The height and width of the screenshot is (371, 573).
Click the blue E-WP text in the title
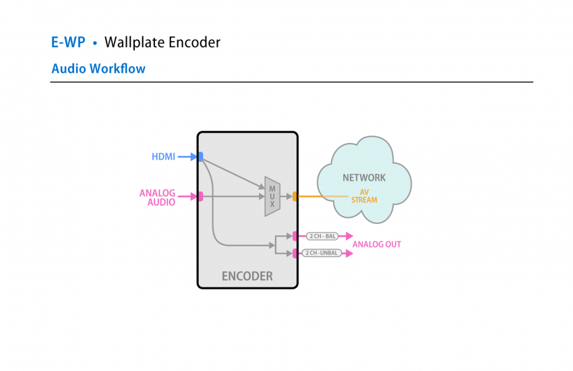(68, 42)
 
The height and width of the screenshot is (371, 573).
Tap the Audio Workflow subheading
(98, 69)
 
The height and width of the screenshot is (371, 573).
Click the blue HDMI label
(163, 156)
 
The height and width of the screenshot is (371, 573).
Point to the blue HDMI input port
(201, 156)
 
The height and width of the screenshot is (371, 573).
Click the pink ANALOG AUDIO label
(158, 198)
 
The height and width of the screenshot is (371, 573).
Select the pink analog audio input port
(201, 196)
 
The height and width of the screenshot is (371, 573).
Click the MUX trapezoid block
(272, 196)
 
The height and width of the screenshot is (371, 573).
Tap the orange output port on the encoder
(295, 196)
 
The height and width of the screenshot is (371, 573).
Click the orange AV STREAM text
(364, 196)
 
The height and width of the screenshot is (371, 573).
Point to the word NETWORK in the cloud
(364, 177)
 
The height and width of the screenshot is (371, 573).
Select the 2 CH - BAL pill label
(322, 236)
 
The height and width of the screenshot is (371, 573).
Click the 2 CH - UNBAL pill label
(322, 253)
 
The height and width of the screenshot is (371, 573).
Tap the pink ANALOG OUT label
(377, 244)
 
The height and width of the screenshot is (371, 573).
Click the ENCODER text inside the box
(247, 276)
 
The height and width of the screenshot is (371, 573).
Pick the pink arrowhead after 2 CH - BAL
(349, 236)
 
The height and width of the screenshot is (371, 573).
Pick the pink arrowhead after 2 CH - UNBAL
(349, 254)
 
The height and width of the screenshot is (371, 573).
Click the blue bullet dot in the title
(95, 43)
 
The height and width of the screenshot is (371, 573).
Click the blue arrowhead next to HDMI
(193, 156)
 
